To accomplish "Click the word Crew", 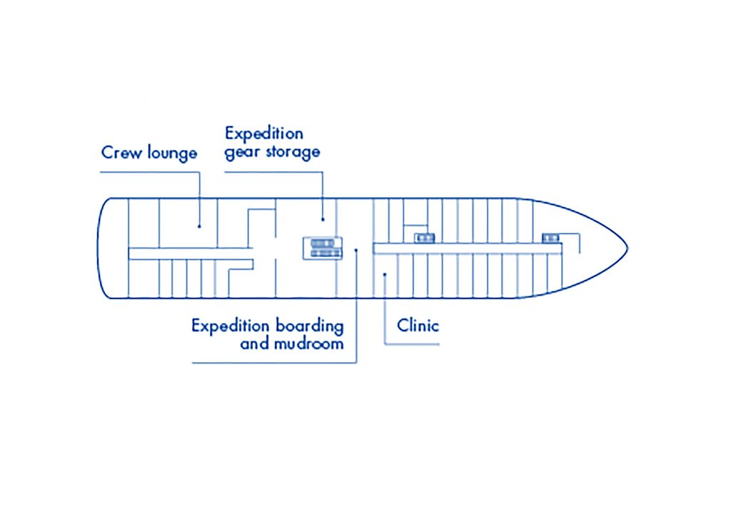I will point(121,152).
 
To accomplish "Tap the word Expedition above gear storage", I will point(263,134).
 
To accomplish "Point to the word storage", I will point(292,152).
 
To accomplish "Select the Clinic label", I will point(418,326).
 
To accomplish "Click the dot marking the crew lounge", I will point(199,226).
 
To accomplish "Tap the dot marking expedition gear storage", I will point(323,219).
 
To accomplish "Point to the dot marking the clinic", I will point(385,273).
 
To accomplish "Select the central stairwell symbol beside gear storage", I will point(323,248).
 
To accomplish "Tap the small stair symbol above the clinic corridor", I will point(425,238).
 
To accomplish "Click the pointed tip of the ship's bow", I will point(627,249).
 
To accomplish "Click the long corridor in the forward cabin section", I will point(468,248).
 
